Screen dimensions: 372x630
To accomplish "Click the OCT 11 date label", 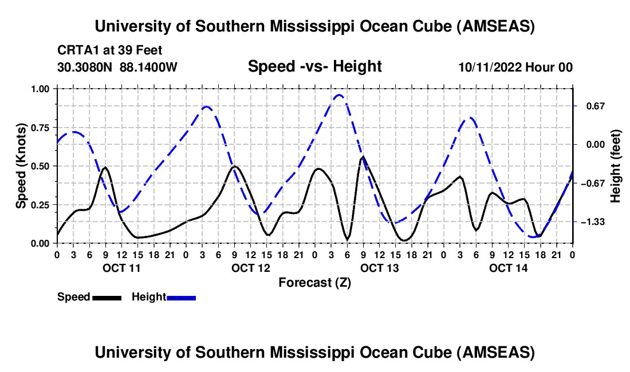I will pyautogui.click(x=121, y=268).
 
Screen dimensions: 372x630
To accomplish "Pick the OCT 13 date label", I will pyautogui.click(x=379, y=268).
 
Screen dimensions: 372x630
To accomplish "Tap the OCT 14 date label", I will pyautogui.click(x=508, y=268).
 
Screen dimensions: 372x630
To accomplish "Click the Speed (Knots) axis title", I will pyautogui.click(x=21, y=166).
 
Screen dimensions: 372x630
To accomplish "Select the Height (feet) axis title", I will pyautogui.click(x=616, y=166).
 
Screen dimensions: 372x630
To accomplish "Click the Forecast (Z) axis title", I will pyautogui.click(x=314, y=282).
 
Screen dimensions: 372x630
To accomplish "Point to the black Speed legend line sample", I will pyautogui.click(x=107, y=298).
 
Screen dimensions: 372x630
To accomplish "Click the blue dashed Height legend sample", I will pyautogui.click(x=181, y=298).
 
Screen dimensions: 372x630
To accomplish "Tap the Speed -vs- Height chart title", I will pyautogui.click(x=314, y=67).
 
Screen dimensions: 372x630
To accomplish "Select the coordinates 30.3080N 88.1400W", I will pyautogui.click(x=117, y=68).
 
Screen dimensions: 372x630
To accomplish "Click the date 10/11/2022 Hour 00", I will pyautogui.click(x=515, y=68).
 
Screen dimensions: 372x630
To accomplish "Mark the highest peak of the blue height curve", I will pyautogui.click(x=338, y=95).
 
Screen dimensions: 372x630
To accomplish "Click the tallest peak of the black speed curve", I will pyautogui.click(x=363, y=156).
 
